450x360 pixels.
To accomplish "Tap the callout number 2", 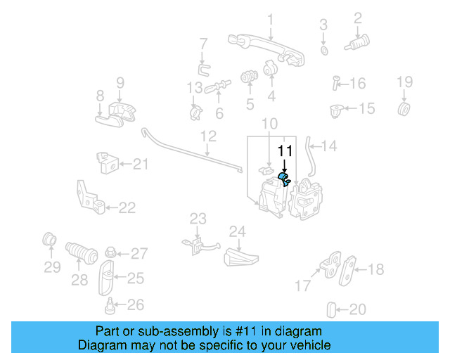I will [357, 18].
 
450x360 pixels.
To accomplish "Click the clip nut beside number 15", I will [337, 110].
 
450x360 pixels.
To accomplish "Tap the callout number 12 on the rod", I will [208, 136].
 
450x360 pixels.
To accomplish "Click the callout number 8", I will [100, 95].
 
